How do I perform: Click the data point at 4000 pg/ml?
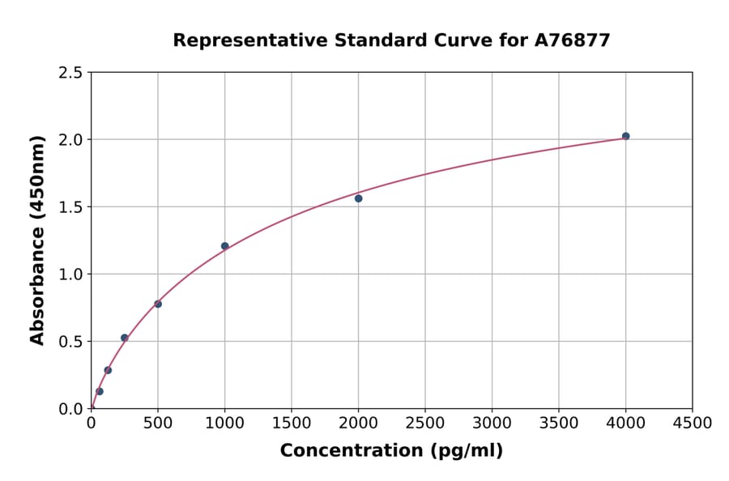tap(625, 136)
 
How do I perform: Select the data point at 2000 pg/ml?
tap(358, 198)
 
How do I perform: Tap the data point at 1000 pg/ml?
tap(224, 246)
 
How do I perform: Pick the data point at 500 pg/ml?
tap(158, 304)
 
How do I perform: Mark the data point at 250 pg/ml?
tap(124, 338)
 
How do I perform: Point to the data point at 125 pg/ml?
tap(108, 370)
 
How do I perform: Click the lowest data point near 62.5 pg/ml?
tap(100, 391)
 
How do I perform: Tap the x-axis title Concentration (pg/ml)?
tap(391, 451)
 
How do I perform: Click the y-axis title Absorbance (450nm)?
tap(37, 240)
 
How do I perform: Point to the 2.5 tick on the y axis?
tap(71, 73)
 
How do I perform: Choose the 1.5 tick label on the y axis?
tap(71, 207)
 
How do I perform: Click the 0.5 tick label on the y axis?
tap(71, 342)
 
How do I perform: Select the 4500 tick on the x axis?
tap(693, 424)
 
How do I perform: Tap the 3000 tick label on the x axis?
tap(492, 424)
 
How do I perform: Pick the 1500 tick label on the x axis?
tap(292, 424)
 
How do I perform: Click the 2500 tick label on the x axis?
tap(425, 424)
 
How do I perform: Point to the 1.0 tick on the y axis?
tap(71, 275)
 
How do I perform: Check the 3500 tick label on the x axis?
tap(559, 424)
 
